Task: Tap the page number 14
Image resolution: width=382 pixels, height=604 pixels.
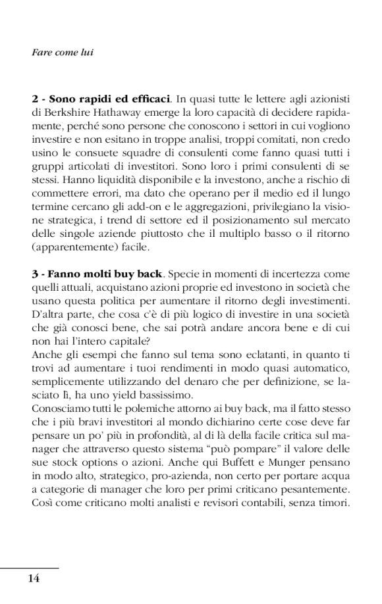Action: coord(34,578)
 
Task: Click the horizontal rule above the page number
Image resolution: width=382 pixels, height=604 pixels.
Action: coord(30,568)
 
